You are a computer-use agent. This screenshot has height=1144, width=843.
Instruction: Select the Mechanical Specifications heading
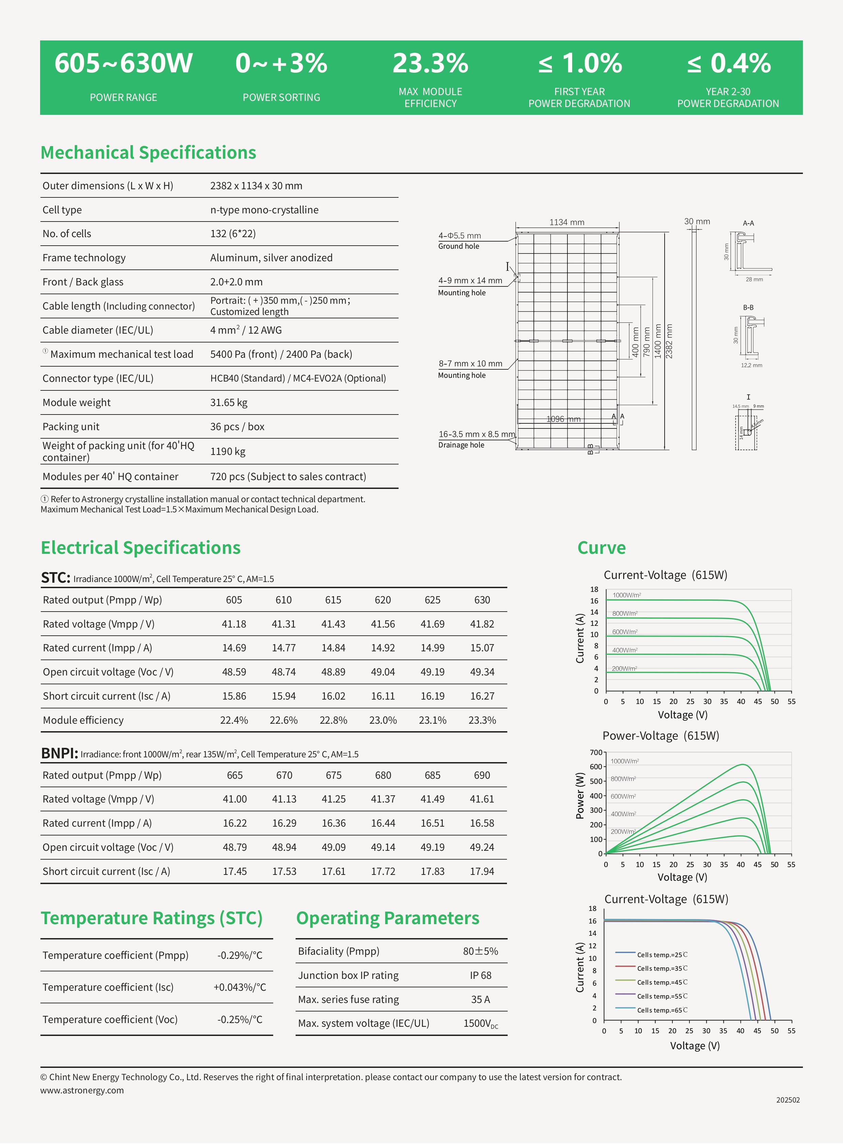[x=148, y=153]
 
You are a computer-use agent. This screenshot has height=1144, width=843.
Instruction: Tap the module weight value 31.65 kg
[x=229, y=403]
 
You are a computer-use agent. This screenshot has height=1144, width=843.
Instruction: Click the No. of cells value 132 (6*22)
[x=233, y=234]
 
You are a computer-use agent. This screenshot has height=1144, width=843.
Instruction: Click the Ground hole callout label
[x=458, y=246]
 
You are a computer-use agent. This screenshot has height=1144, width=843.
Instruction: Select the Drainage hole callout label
[x=461, y=445]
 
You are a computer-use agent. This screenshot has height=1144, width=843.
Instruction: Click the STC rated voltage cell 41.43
[x=333, y=624]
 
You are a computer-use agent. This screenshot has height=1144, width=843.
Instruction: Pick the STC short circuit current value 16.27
[x=482, y=696]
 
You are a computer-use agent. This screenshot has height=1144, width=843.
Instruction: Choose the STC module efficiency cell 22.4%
[x=234, y=720]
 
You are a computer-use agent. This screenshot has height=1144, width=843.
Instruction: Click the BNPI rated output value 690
[x=482, y=775]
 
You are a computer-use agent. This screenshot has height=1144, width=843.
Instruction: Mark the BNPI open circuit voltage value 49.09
[x=333, y=847]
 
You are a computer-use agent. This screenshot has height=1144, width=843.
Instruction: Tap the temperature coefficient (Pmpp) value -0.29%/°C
[x=239, y=955]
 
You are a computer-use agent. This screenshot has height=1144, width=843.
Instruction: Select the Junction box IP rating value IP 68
[x=480, y=975]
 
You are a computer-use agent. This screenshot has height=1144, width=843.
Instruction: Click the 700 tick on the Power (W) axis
[x=596, y=753]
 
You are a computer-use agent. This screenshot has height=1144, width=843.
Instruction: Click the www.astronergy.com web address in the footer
[x=82, y=1090]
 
